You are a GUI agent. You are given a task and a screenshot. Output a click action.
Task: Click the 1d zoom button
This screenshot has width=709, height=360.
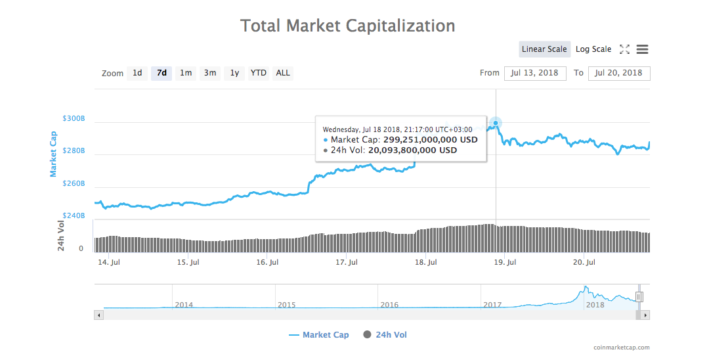point(137,73)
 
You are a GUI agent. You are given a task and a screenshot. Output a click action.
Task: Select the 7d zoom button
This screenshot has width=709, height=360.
point(161,73)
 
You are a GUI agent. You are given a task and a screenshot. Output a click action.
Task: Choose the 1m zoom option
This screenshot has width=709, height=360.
point(186,73)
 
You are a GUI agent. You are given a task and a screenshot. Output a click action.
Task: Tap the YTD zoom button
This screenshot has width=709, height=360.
point(259,73)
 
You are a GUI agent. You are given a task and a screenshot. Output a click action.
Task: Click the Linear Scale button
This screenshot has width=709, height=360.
point(544,49)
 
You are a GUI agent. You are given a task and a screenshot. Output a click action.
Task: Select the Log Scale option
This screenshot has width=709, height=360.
point(593,49)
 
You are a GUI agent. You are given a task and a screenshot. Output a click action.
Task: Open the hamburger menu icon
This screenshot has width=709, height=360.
point(643,49)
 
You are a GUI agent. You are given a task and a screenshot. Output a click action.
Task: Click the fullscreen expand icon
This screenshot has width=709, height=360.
point(624,49)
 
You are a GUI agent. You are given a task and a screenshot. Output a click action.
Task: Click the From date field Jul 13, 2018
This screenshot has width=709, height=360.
point(535,73)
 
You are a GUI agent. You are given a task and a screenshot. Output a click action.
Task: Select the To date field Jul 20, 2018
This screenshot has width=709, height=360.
point(619,73)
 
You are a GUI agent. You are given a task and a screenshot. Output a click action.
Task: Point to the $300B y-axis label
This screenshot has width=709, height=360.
point(74,118)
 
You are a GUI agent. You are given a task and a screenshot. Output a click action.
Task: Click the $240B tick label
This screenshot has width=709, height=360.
point(74,215)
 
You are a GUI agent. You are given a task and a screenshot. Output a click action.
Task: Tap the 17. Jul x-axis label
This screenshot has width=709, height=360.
point(347,263)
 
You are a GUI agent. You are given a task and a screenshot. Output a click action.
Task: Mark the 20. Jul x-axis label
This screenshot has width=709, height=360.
point(584,263)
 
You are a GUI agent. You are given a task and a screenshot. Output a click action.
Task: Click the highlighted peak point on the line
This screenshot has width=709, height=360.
point(496,123)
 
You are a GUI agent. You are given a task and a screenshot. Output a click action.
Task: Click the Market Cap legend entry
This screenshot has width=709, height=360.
point(319,335)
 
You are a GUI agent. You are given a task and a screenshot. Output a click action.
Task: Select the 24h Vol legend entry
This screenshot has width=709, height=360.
point(385,335)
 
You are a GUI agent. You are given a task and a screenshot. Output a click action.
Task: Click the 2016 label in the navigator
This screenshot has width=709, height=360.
point(389,305)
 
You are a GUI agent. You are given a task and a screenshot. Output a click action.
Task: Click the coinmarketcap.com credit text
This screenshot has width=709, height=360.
point(621,348)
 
